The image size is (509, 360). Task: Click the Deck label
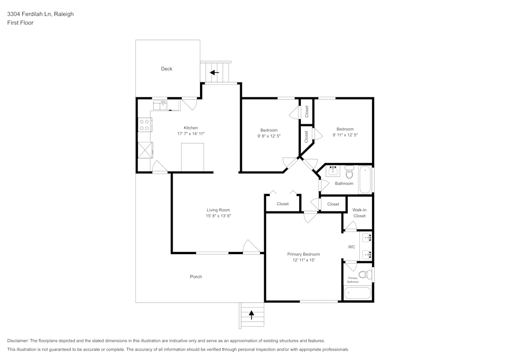166,69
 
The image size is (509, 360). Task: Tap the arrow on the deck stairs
214,72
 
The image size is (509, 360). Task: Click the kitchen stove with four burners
144,122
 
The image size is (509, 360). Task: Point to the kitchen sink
162,104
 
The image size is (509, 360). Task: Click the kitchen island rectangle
192,157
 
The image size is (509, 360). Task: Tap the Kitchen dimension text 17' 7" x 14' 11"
191,133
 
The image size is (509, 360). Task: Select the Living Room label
218,210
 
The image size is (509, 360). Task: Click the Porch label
196,277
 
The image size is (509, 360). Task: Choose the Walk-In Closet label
359,213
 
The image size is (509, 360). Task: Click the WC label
351,247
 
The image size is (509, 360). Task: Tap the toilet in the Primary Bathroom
364,275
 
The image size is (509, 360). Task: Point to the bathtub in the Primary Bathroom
358,293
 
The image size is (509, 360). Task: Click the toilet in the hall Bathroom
349,170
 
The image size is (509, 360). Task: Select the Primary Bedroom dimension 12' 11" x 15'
303,260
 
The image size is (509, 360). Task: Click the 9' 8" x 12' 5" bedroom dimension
269,136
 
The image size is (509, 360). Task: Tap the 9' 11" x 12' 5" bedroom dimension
345,135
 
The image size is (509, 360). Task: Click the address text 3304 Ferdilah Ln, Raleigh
40,14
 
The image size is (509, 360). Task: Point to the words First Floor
20,23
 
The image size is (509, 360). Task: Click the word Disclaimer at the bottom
18,341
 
